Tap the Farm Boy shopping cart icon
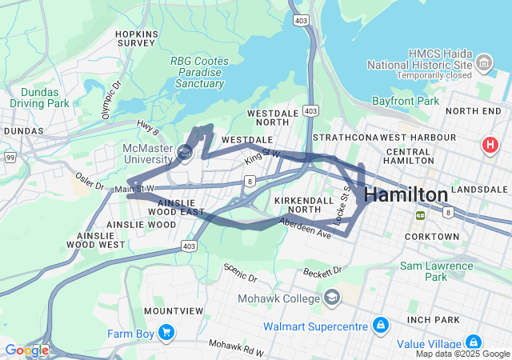[x=166, y=331]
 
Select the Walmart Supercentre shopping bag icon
[x=381, y=325]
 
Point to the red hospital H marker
[x=489, y=146]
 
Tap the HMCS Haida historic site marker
[x=483, y=62]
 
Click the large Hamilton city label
[x=406, y=194]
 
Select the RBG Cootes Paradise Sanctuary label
[x=198, y=72]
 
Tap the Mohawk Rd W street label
[x=237, y=347]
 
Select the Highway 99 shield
[x=9, y=158]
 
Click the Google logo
[x=26, y=350]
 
